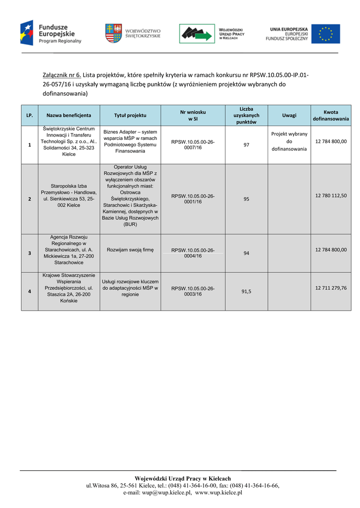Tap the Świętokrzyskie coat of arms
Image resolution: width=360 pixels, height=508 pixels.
(113, 33)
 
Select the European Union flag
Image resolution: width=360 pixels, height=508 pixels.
(326, 34)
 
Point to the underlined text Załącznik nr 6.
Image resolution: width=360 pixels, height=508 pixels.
(62, 75)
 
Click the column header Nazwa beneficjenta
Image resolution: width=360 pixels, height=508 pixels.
(69, 115)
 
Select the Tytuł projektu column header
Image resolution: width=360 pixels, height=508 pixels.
(130, 115)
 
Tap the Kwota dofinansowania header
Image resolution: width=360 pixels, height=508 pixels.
(331, 115)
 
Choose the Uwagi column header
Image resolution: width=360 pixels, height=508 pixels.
(289, 115)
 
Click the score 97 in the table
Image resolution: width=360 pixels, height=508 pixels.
(246, 145)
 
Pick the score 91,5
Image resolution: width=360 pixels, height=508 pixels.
(246, 292)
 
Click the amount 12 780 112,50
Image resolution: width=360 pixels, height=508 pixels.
(331, 195)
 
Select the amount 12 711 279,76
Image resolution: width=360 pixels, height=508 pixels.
(331, 288)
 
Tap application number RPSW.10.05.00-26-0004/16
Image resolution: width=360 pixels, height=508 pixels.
(193, 253)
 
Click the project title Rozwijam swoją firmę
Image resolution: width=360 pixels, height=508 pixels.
(130, 250)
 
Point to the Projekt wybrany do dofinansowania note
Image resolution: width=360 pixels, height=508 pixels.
(289, 141)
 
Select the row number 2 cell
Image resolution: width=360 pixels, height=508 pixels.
(30, 199)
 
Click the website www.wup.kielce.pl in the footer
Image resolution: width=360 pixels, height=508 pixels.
(218, 493)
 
